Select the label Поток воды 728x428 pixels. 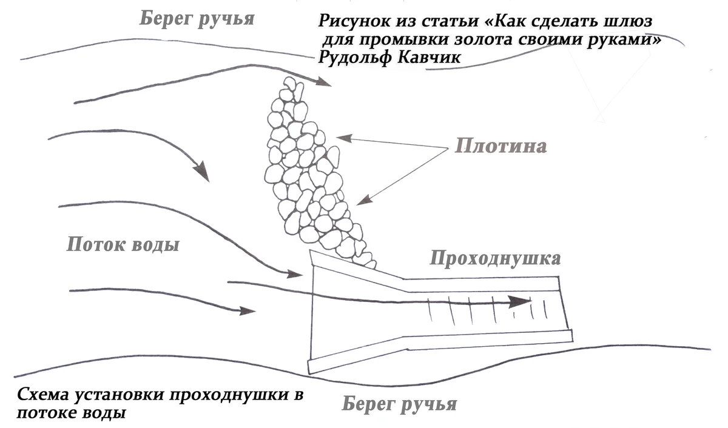pyautogui.click(x=123, y=245)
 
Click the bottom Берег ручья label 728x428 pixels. pyautogui.click(x=399, y=404)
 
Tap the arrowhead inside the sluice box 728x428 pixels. pyautogui.click(x=521, y=301)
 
